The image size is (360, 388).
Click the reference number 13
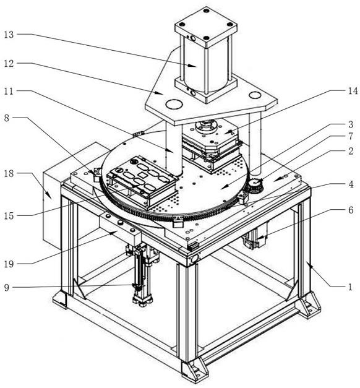click(x=9, y=35)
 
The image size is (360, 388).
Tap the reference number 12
click(x=9, y=64)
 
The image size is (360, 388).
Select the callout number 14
click(x=353, y=91)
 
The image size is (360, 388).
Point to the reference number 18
click(x=9, y=173)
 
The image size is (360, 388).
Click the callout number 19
click(x=9, y=264)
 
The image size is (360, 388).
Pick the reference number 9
click(x=7, y=288)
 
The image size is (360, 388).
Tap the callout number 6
click(x=351, y=210)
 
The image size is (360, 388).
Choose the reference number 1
click(x=350, y=287)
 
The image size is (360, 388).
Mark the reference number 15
click(x=9, y=216)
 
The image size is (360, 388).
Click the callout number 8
click(x=7, y=118)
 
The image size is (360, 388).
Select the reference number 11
click(x=9, y=91)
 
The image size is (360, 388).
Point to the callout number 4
click(x=351, y=184)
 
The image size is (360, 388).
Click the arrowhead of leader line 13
click(x=194, y=66)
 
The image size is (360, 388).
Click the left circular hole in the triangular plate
click(x=174, y=104)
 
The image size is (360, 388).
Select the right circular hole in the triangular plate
click(x=255, y=95)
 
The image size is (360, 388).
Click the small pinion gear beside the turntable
click(x=254, y=184)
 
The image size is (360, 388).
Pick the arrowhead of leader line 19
click(x=114, y=232)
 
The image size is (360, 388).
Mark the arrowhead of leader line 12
click(x=161, y=93)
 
